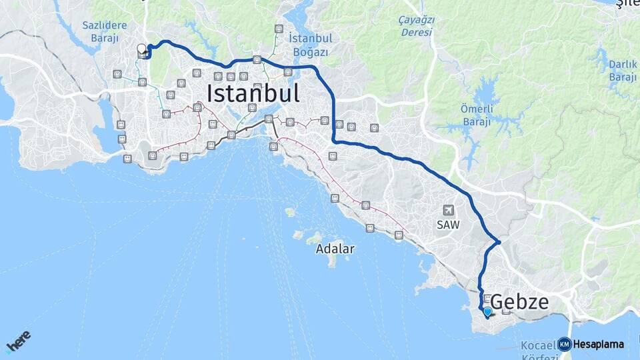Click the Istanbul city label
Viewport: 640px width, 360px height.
253,93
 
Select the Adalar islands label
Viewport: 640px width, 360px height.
335,249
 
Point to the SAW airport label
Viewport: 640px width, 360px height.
448,225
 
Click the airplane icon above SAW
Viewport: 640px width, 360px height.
447,210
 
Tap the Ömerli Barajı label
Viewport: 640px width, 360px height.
475,115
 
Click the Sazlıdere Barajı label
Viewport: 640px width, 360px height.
105,31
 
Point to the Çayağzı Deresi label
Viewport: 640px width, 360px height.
416,26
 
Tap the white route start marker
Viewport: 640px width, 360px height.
141,49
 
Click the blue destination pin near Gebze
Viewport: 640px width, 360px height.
487,311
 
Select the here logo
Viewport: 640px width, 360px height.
19,341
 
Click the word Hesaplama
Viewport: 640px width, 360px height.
598,345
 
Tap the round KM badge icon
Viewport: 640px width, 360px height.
565,345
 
